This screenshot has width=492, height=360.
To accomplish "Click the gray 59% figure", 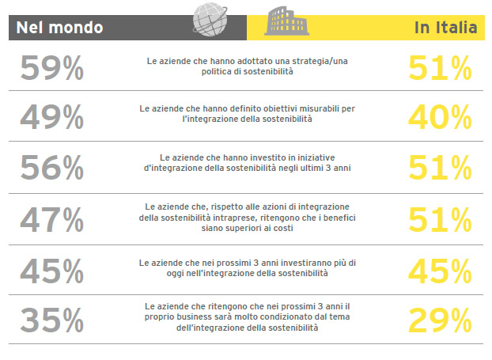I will click(x=52, y=70).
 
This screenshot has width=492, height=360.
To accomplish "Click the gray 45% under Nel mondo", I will click(x=52, y=271).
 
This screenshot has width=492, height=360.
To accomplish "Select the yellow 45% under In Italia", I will click(x=441, y=271).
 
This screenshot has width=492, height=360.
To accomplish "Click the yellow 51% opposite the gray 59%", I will click(x=441, y=70).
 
